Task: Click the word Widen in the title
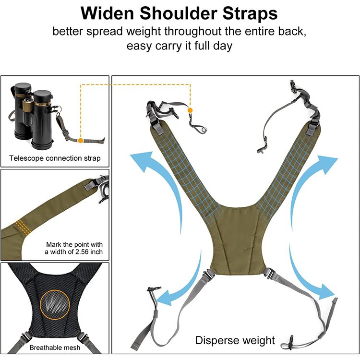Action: tap(107, 13)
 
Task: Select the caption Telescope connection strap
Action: tap(55, 158)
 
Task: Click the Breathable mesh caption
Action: tap(55, 348)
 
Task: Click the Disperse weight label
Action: tap(235, 340)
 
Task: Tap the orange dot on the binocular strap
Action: tap(80, 141)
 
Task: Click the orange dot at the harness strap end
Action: tap(190, 110)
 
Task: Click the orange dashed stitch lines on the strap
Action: tap(23, 228)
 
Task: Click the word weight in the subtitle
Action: tap(143, 32)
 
